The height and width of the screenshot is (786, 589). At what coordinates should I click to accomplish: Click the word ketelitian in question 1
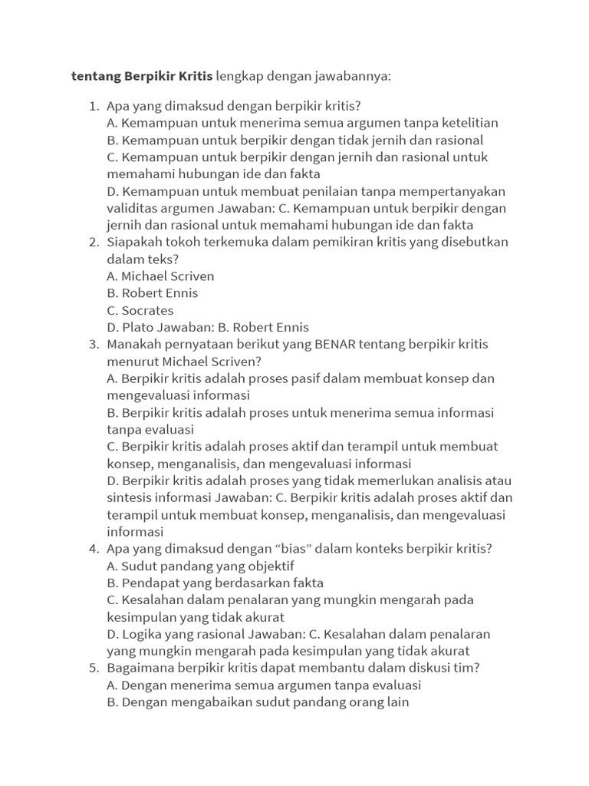468,123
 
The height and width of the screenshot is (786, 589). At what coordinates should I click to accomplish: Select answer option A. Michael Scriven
160,276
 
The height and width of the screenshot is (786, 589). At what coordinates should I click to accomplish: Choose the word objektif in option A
268,566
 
